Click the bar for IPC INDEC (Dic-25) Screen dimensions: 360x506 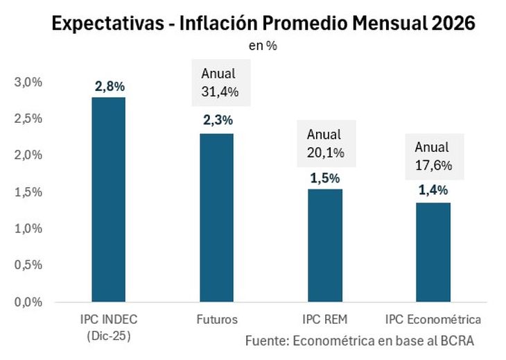pyautogui.click(x=109, y=200)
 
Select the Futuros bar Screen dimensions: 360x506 pyautogui.click(x=217, y=218)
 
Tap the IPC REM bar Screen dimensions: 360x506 pyautogui.click(x=324, y=246)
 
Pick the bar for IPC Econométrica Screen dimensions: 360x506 pyautogui.click(x=433, y=252)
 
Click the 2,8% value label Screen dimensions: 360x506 pyautogui.click(x=110, y=87)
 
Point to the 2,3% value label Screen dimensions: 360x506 pyautogui.click(x=217, y=121)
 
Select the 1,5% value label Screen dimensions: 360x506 pyautogui.click(x=324, y=178)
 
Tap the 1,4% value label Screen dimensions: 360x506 pyautogui.click(x=433, y=190)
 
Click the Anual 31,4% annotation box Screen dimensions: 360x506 pyautogui.click(x=218, y=83)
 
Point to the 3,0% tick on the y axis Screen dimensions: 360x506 pyautogui.click(x=28, y=83)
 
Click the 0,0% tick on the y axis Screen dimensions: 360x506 pyautogui.click(x=28, y=302)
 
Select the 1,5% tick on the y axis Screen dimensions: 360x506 pyautogui.click(x=28, y=192)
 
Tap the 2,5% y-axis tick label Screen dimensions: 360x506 pyautogui.click(x=28, y=119)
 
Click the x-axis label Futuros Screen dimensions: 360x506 pyautogui.click(x=217, y=320)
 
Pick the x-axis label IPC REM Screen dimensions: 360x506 pyautogui.click(x=324, y=320)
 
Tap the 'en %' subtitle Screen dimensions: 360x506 pyautogui.click(x=263, y=46)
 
